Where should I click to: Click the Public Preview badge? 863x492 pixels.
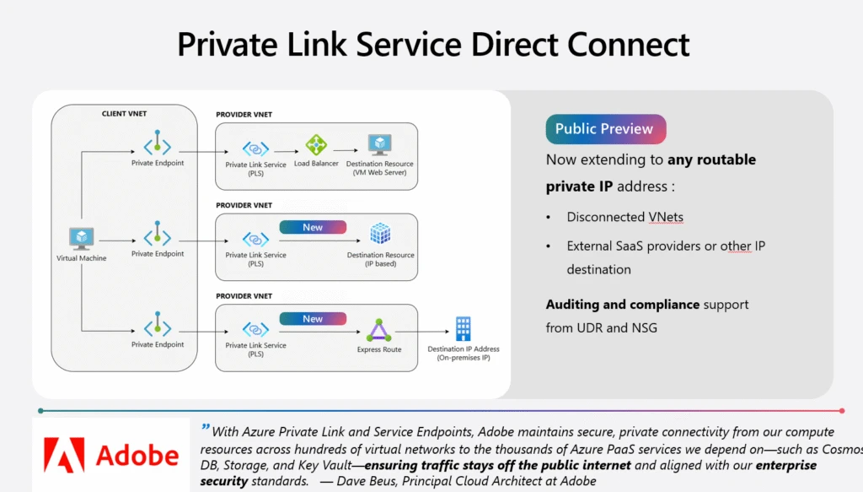605,129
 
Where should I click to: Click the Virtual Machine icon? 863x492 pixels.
82,239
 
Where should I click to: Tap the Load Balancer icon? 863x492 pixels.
316,144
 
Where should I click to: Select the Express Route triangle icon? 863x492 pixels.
379,330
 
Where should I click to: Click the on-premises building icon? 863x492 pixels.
463,329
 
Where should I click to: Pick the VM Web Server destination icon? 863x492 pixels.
380,144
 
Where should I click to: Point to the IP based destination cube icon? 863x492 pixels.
380,235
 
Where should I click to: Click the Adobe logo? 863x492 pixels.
111,456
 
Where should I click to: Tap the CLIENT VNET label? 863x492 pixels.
124,113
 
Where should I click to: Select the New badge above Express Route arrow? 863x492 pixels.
313,319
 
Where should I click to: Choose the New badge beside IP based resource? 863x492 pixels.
313,227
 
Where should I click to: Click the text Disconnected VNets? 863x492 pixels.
624,217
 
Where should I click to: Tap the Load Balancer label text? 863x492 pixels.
316,164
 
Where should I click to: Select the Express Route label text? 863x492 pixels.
379,349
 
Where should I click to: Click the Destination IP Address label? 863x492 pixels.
463,349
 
